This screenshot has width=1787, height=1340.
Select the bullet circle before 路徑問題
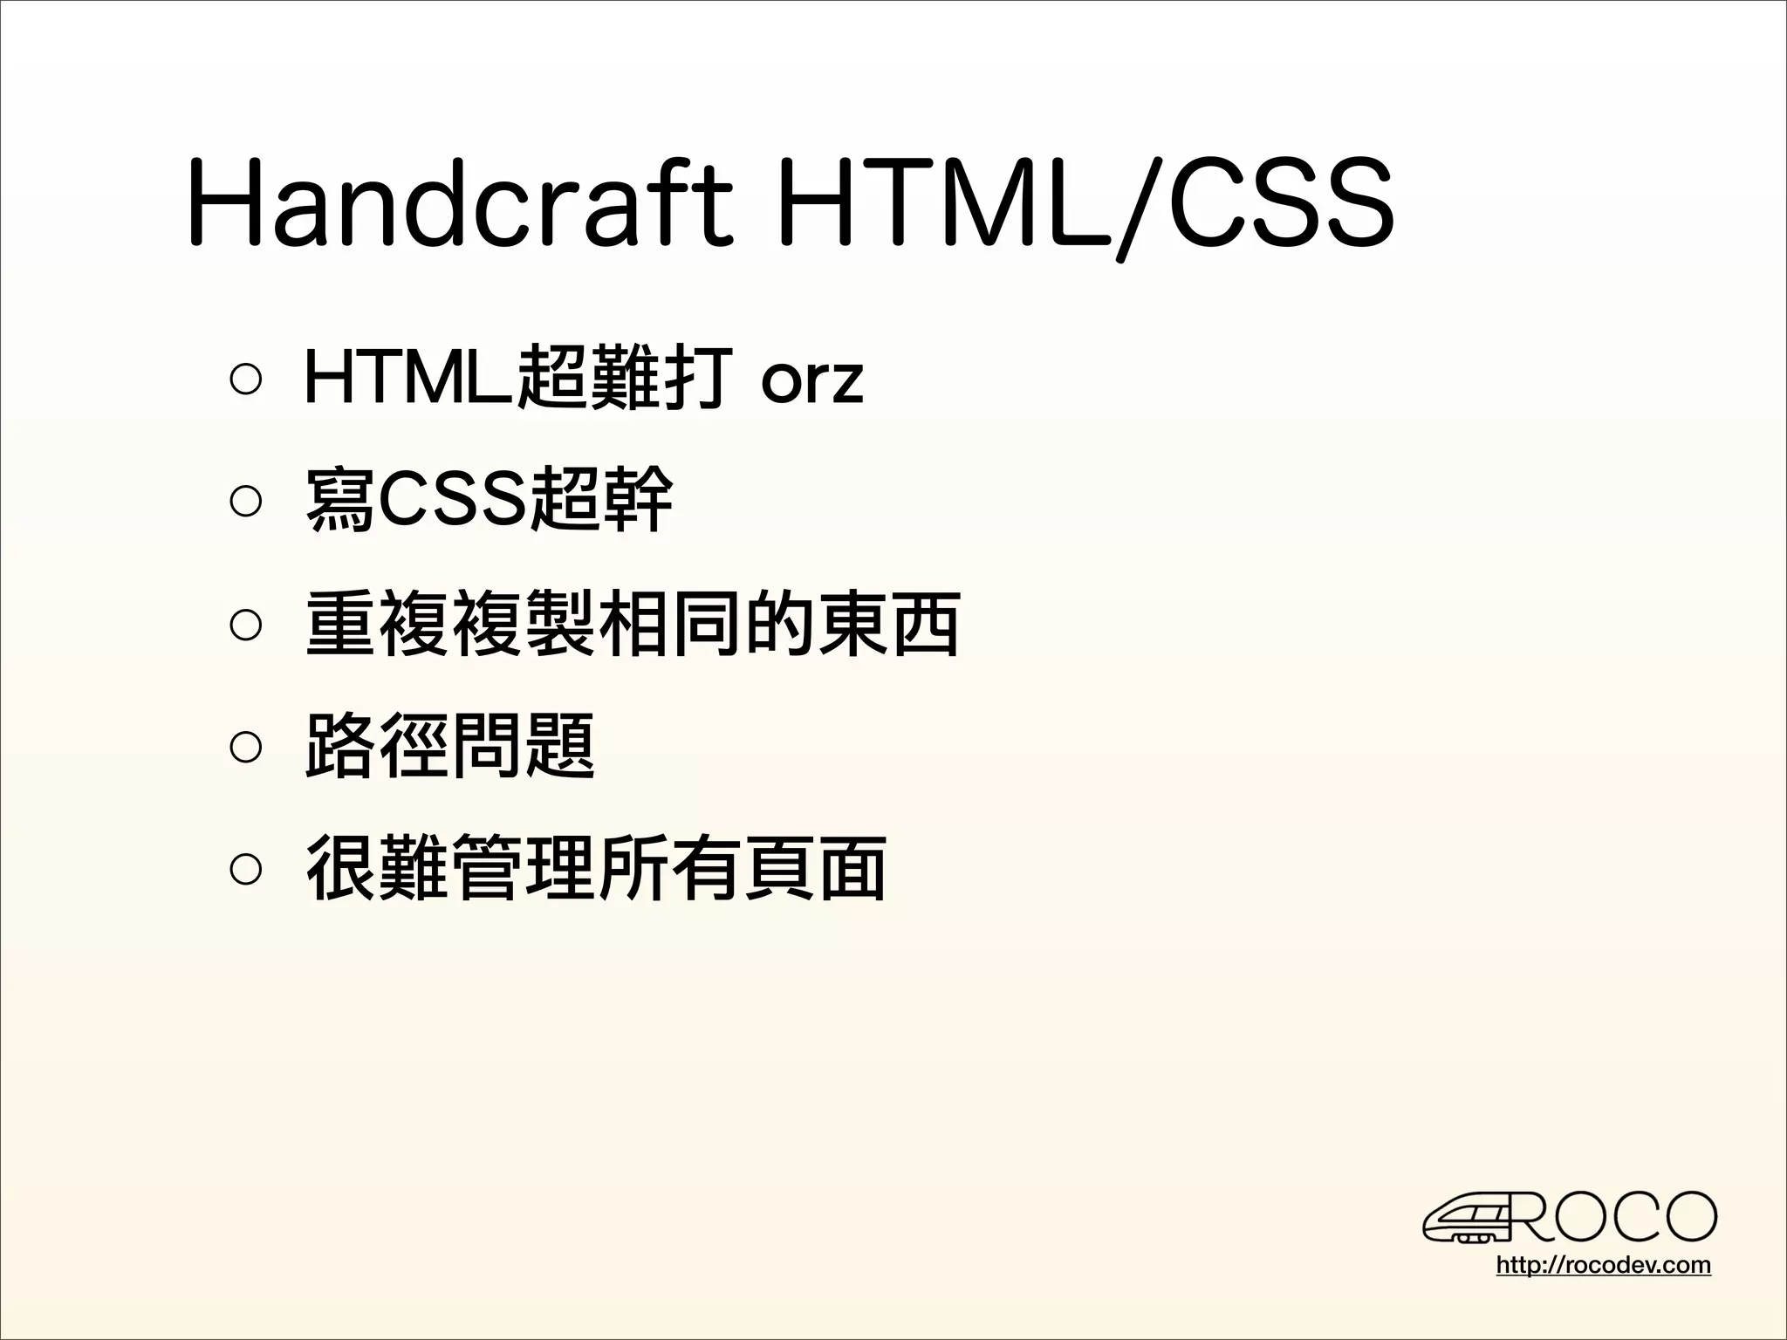[x=245, y=746]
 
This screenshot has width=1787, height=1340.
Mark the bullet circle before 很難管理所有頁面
[x=245, y=868]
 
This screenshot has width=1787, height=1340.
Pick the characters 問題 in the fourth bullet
[x=524, y=746]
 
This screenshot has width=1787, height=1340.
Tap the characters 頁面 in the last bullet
[x=815, y=868]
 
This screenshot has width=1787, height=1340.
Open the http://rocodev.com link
[x=1603, y=1265]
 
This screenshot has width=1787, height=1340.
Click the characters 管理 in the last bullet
[x=524, y=868]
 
